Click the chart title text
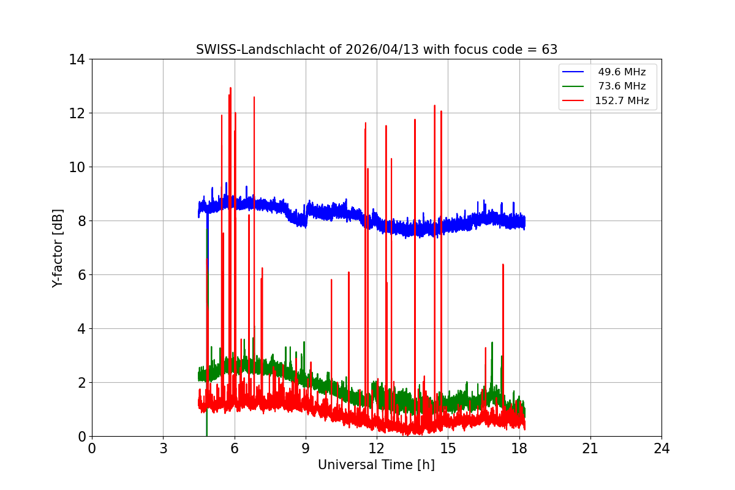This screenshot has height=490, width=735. coord(376,50)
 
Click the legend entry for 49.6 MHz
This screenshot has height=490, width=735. coord(622,72)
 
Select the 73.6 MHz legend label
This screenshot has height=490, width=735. coord(622,86)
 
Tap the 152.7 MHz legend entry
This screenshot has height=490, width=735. coord(622,101)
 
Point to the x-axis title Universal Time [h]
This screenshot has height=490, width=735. coord(376,465)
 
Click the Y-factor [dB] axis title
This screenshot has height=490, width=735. coord(58,247)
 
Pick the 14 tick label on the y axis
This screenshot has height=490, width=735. coord(77,59)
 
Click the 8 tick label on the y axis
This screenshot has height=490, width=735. coord(80,221)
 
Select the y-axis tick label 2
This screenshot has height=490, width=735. coord(80,383)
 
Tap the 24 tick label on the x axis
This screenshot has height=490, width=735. coord(661,448)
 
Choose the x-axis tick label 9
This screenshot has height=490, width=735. coord(306,448)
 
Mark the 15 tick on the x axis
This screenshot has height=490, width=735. coord(448,448)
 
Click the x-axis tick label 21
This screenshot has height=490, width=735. coord(590,448)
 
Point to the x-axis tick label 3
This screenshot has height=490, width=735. coord(163,448)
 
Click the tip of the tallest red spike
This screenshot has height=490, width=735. coord(230,88)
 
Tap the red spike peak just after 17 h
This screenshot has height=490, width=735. coord(503,264)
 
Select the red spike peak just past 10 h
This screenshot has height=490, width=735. coord(331,279)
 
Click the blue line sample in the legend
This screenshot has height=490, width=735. coord(573,72)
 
